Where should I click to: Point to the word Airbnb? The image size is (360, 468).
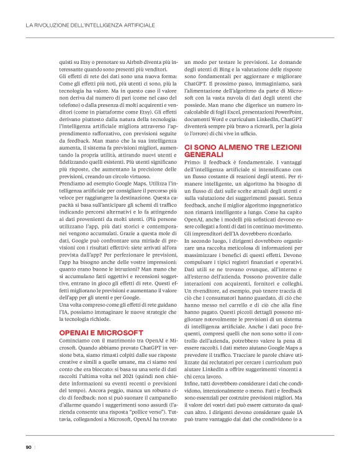coord(132,62)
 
